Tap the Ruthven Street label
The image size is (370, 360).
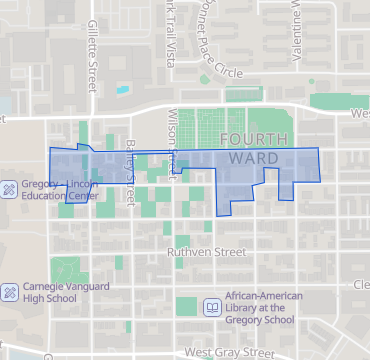coord(206,252)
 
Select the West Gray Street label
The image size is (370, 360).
coord(229,353)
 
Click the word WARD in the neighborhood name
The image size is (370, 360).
coord(247,159)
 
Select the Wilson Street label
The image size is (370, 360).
coord(172,138)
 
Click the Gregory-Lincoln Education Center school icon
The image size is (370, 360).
coord(8,190)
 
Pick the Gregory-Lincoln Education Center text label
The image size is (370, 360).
coord(61,190)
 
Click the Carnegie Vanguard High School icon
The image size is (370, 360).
coord(8,291)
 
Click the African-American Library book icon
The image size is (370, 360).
coord(211,306)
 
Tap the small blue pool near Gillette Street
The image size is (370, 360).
coord(122,89)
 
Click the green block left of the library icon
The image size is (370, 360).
coord(187,307)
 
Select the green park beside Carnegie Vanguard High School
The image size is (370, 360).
coord(68,268)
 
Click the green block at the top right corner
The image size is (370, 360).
coord(339,101)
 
